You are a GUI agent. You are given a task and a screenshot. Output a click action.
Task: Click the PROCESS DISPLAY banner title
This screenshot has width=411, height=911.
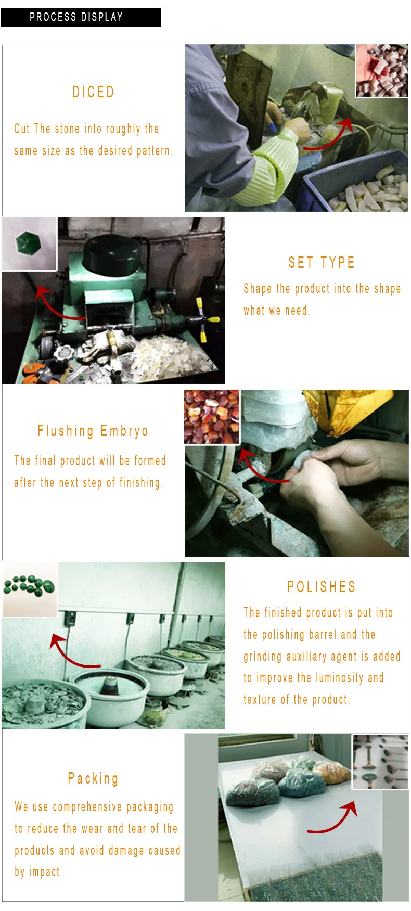pos(76,17)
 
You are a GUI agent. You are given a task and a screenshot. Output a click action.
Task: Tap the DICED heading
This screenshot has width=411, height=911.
pos(93,92)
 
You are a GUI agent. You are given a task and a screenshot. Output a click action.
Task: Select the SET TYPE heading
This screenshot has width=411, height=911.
pos(322,263)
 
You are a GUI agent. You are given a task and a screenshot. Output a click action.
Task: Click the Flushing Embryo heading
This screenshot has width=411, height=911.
pos(93,431)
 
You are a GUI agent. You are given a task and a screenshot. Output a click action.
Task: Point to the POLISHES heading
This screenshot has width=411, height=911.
pos(322,587)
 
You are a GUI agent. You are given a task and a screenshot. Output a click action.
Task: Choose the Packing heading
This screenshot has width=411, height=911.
pos(93,778)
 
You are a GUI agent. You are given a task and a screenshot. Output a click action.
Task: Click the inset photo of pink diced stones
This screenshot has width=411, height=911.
pos(381,71)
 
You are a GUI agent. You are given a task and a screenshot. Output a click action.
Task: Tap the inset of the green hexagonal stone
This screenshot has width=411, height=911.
pos(29,244)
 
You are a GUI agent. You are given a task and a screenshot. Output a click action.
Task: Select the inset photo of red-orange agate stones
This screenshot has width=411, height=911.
pos(212,417)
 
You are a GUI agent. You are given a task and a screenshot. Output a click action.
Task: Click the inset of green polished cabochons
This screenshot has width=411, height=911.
pos(29,589)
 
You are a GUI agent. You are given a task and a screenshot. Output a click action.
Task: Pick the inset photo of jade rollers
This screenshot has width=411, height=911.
pos(380,762)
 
